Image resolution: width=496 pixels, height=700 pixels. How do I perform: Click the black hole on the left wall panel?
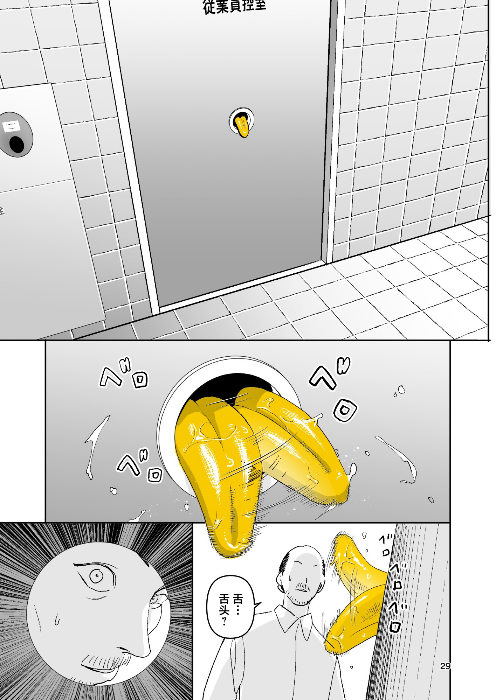pos(17,144)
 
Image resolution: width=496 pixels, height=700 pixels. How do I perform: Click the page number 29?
pos(445,666)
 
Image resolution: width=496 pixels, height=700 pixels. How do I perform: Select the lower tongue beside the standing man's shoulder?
pos(354,616)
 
